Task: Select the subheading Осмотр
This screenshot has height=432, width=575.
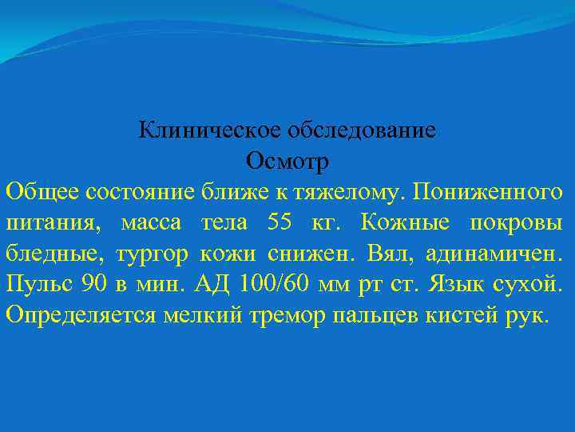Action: (x=287, y=161)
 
